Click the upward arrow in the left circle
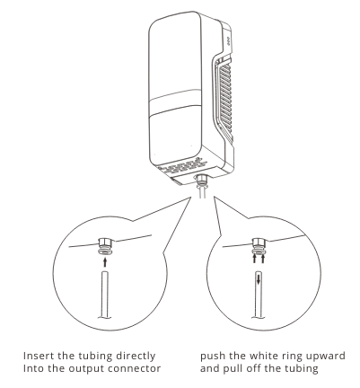(x=104, y=262)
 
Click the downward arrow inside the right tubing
(x=259, y=280)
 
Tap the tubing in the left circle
(x=105, y=295)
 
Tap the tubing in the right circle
(x=259, y=295)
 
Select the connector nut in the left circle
(x=105, y=242)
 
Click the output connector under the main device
(x=201, y=181)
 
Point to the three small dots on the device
(x=228, y=41)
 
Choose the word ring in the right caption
(x=288, y=357)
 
